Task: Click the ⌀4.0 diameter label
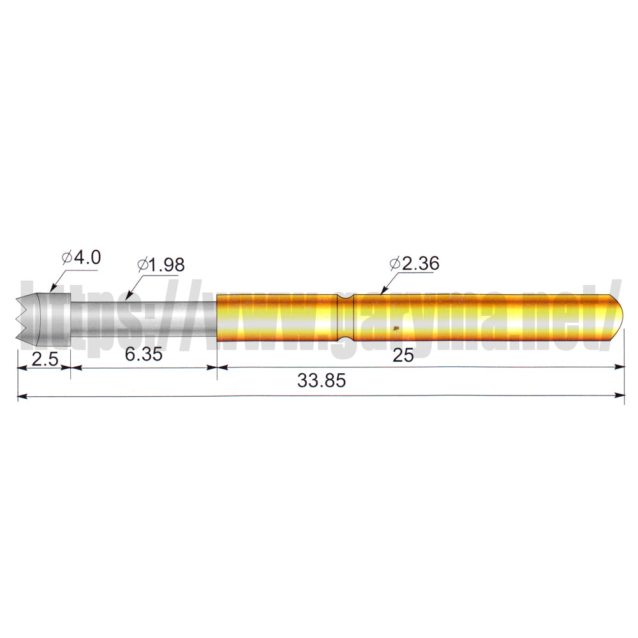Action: (81, 258)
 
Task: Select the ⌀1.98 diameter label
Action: (161, 265)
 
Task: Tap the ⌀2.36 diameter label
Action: (414, 263)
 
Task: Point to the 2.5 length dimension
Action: (45, 359)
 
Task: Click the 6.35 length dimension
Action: (143, 354)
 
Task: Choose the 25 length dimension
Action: (403, 355)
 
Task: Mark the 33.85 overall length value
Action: (322, 381)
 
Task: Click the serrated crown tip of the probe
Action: (26, 317)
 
